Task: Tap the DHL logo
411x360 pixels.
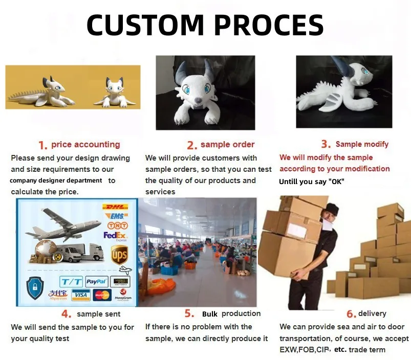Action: point(115,207)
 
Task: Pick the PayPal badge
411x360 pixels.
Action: point(96,281)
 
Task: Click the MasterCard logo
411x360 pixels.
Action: point(102,295)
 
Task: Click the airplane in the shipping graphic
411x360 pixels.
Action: point(61,225)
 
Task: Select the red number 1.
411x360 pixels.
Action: point(43,145)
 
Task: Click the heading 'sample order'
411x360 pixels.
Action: point(227,145)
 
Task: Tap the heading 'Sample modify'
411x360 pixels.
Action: point(362,144)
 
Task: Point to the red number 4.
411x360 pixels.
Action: point(66,314)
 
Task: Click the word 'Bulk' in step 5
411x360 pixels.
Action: point(210,314)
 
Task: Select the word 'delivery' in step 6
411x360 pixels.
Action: point(372,313)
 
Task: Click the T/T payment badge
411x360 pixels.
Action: point(71,281)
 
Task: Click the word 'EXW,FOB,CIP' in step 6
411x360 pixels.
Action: point(304,350)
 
